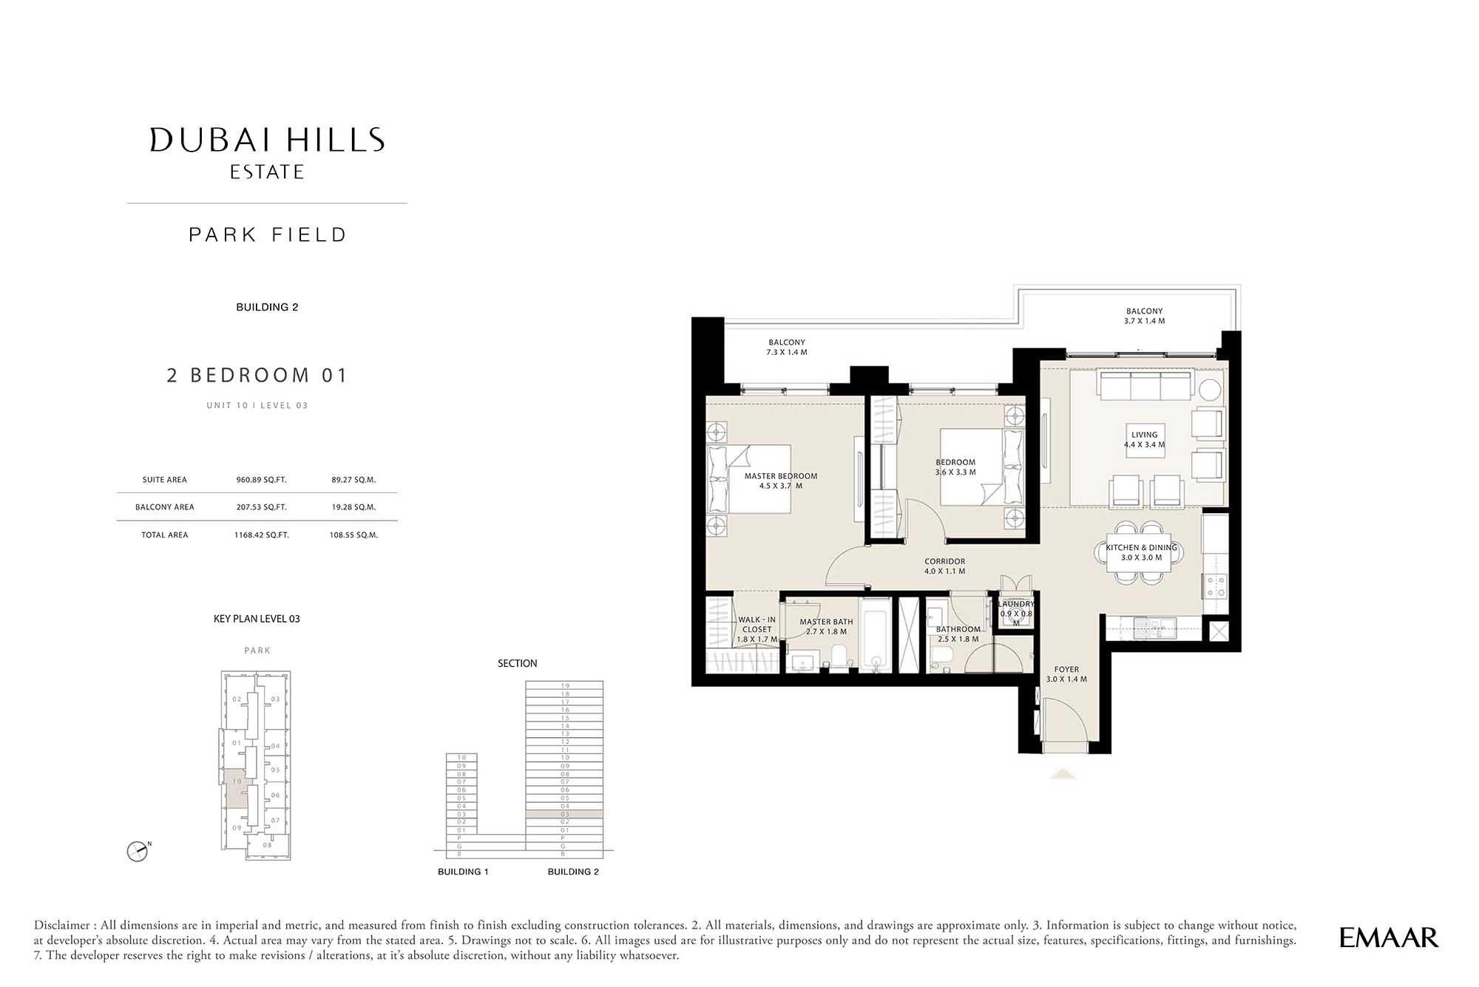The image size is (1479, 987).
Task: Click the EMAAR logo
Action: pos(1388,937)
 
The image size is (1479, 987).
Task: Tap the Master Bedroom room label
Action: pos(781,481)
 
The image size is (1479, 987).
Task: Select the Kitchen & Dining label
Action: pos(1141,552)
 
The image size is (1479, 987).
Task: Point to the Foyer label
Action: pos(1066,674)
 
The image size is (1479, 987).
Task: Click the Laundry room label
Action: pos(1016,613)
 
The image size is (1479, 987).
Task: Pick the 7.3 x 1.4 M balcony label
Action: pos(787,347)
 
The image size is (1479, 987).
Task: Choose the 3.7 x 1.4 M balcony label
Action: pos(1144,316)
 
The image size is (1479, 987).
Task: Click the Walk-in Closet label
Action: pos(757,629)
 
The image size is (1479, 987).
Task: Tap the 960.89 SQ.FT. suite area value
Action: pos(261,480)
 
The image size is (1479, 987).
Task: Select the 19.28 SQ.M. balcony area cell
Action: pos(353,507)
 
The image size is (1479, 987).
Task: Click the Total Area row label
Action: pos(165,535)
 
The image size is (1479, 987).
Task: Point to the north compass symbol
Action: pos(138,851)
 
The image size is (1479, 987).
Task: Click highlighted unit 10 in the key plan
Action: pos(237,788)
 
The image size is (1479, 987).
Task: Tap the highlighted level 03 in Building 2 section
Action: pos(564,814)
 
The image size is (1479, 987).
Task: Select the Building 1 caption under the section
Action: pos(463,872)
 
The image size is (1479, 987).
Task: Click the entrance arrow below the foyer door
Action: pos(1063,773)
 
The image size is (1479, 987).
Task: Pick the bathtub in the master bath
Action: pos(876,635)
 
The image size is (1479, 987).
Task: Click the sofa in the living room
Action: pos(1145,384)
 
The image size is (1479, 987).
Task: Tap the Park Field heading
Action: pos(268,235)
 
